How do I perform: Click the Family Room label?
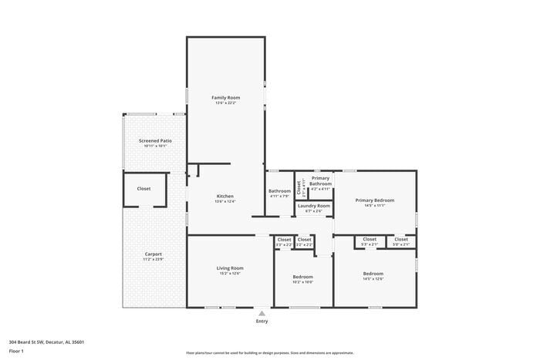[226, 98]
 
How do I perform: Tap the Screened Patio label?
[155, 141]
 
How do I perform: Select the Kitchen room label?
[224, 196]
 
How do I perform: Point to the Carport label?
[154, 254]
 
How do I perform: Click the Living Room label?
[230, 268]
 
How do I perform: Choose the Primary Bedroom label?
[375, 200]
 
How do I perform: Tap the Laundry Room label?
[314, 206]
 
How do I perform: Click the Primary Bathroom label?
[320, 181]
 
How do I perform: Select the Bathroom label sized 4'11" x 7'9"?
[279, 191]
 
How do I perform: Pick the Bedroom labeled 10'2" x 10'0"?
[302, 277]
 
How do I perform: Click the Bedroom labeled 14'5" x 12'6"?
[373, 274]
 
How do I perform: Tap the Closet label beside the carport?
[144, 189]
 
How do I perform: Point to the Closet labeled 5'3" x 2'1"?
[370, 239]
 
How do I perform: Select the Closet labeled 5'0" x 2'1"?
[401, 239]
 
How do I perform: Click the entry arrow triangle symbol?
[262, 314]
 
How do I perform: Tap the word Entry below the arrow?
[262, 321]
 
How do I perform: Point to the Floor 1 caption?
[17, 351]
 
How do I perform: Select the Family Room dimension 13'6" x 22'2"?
[226, 103]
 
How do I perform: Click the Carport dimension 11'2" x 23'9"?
[154, 260]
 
